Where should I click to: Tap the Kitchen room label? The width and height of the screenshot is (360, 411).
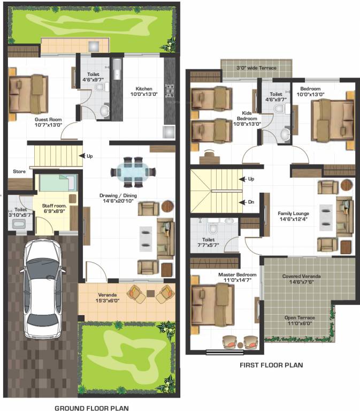(144, 92)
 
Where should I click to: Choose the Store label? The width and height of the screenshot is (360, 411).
(19, 172)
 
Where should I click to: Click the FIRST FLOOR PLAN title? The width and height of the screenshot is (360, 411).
(272, 365)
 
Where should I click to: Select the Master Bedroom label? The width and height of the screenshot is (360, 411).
(238, 277)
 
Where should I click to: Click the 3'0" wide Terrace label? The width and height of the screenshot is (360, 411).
(256, 68)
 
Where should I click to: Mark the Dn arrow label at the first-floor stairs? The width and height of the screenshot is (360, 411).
(251, 202)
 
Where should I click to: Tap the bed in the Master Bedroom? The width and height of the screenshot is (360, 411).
(213, 301)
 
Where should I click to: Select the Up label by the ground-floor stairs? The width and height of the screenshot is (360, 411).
(89, 156)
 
